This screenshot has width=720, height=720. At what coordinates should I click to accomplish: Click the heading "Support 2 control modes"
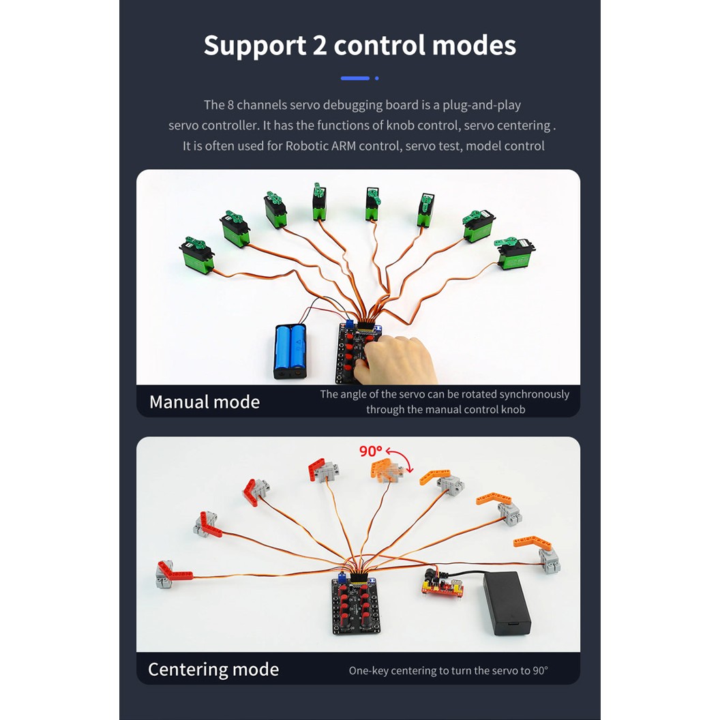359,45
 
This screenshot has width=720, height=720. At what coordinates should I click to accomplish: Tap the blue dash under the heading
355,78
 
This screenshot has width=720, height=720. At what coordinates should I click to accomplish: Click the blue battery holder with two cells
290,350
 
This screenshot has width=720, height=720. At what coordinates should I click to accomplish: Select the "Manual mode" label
205,402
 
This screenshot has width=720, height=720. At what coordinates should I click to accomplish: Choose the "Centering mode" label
213,669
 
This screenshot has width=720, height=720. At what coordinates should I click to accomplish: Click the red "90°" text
371,451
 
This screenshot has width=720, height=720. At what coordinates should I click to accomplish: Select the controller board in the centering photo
355,603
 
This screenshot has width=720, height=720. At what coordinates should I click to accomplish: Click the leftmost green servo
197,254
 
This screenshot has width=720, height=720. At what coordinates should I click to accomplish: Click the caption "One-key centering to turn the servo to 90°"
448,670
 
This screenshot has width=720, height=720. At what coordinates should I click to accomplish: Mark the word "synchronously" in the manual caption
534,394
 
